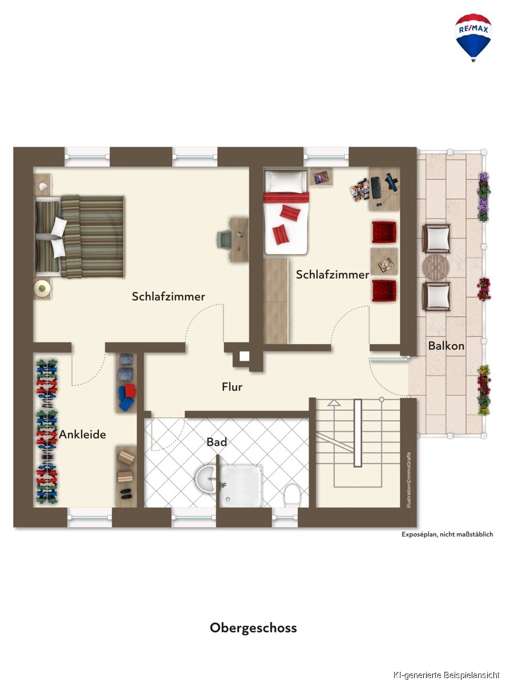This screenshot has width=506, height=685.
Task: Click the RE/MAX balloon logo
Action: click(473, 37)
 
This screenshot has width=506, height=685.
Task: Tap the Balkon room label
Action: click(446, 346)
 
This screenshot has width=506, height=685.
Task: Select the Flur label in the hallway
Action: click(232, 387)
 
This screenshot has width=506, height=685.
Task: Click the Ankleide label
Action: click(83, 435)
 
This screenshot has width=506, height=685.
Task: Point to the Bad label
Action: click(216, 442)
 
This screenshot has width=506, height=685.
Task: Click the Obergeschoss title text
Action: click(253, 627)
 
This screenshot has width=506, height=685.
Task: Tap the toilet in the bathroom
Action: click(291, 495)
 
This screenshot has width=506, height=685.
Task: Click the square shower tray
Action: click(241, 486)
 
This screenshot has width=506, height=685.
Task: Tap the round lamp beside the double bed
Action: click(42, 288)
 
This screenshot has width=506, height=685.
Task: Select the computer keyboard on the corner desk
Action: click(375, 188)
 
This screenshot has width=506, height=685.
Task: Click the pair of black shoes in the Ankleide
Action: click(126, 494)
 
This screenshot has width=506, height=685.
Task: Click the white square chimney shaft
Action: click(244, 356)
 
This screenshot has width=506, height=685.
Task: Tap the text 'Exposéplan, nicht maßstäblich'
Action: click(447, 534)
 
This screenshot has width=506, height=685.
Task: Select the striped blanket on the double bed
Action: click(93, 236)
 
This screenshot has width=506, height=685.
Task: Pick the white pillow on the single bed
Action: click(286, 181)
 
